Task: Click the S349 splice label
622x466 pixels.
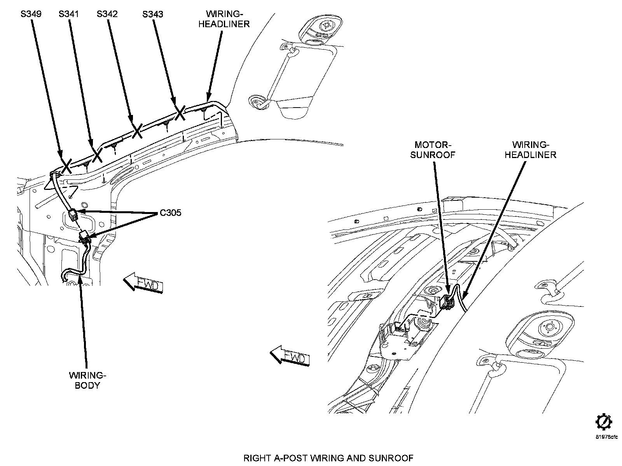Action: [x=31, y=14]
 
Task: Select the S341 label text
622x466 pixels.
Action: [x=69, y=14]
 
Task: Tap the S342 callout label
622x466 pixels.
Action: [x=107, y=14]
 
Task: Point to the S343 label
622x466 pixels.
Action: [x=153, y=14]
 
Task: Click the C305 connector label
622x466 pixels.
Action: [x=171, y=213]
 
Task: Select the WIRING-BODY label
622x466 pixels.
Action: [x=87, y=380]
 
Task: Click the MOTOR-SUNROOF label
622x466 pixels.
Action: [x=433, y=150]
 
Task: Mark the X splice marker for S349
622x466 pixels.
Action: [x=66, y=166]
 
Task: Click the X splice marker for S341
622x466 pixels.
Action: [x=97, y=155]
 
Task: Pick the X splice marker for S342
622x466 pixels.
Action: [x=137, y=131]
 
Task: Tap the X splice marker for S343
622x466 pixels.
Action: [x=180, y=113]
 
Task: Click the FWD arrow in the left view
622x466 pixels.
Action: [x=143, y=283]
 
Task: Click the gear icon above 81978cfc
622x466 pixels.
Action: [x=604, y=422]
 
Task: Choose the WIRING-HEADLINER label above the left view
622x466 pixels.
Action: [x=224, y=19]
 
